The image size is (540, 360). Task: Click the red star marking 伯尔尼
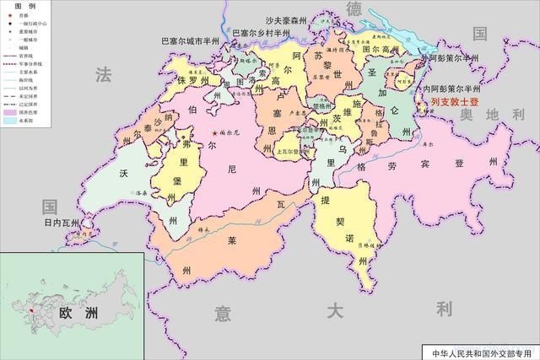pyautogui.click(x=215, y=133)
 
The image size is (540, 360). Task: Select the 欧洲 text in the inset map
pyautogui.click(x=73, y=312)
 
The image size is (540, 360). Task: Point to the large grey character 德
pyautogui.click(x=354, y=8)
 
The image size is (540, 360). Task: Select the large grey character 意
pyautogui.click(x=223, y=313)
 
